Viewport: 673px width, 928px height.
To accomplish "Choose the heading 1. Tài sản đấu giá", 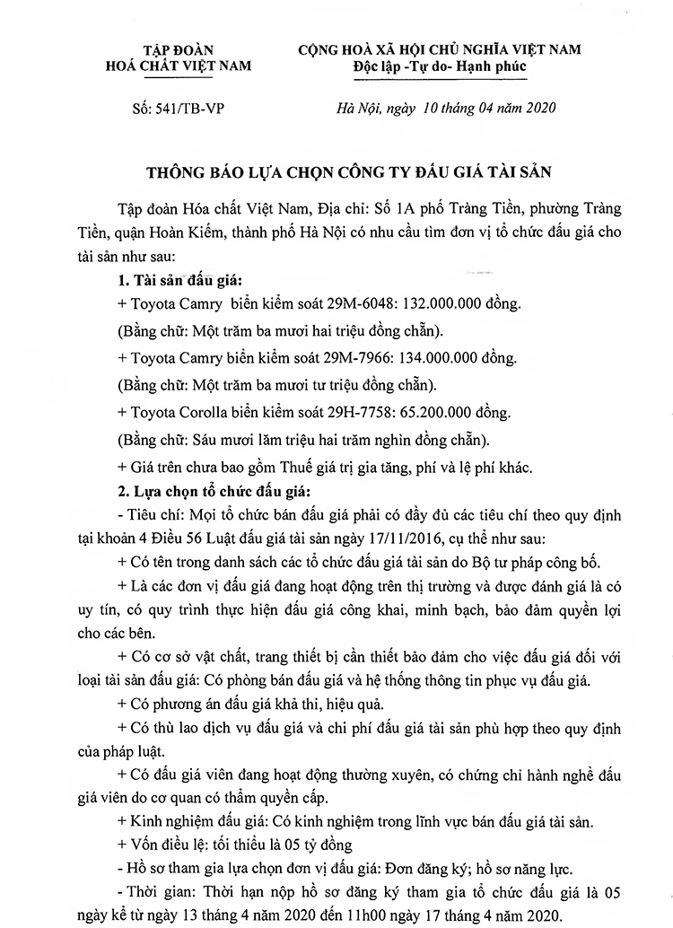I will coord(172,279).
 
